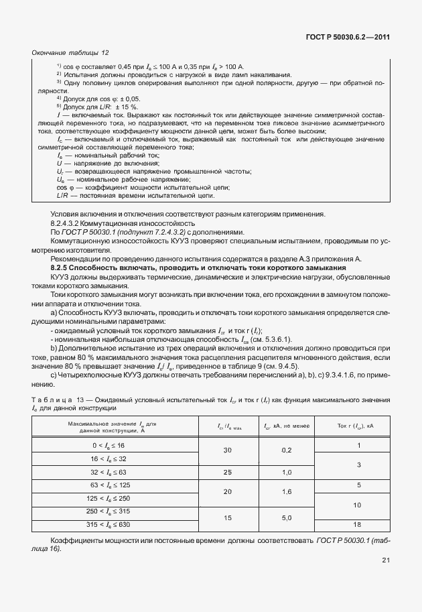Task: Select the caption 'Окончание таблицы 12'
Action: [70, 52]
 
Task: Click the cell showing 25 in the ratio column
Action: [228, 472]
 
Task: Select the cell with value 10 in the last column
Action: [359, 504]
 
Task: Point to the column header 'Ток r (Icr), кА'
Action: [359, 426]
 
